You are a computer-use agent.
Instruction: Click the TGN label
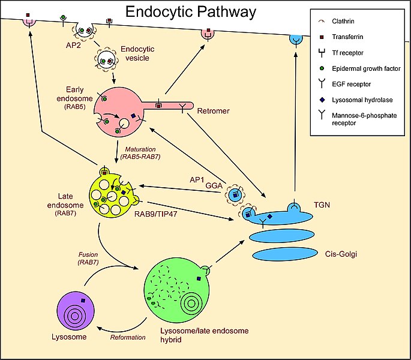[335, 204]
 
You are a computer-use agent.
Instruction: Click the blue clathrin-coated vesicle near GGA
[236, 195]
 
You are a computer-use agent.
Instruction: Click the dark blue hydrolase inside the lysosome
[84, 300]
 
